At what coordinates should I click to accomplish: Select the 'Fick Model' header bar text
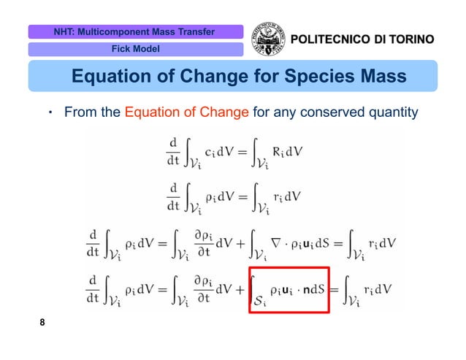pos(135,50)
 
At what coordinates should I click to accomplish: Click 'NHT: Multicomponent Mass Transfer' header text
pos(134,32)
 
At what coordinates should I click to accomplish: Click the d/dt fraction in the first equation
pos(173,152)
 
